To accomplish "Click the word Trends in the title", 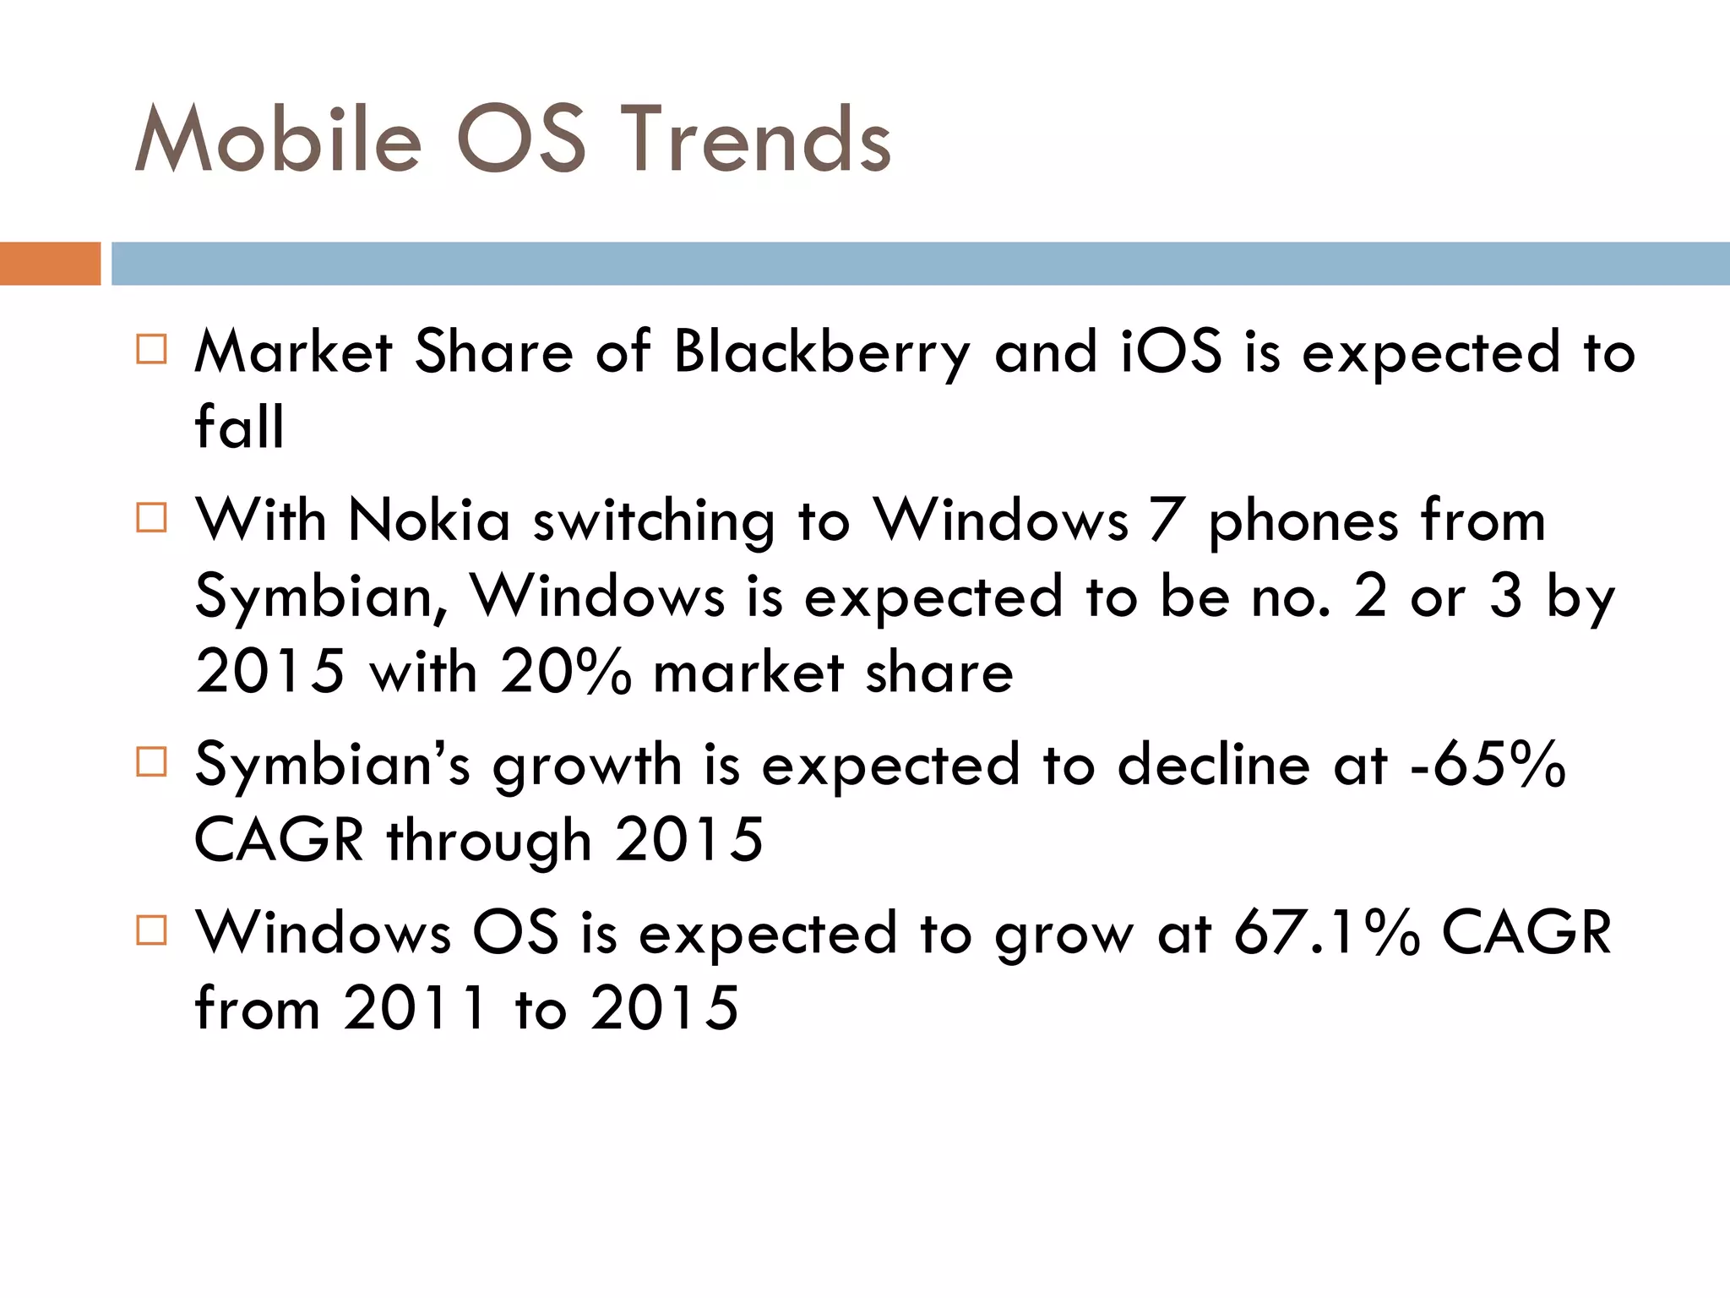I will [x=756, y=139].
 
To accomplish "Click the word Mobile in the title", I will [x=279, y=139].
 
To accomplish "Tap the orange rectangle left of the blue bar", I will [x=50, y=264].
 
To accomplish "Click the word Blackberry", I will [x=822, y=352].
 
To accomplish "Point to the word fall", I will [x=239, y=427].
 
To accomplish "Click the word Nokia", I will [x=429, y=520].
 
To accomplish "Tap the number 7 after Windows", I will [x=1166, y=520].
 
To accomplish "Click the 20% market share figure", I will [x=564, y=673].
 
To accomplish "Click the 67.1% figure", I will [x=1326, y=933].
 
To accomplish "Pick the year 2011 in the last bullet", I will [x=414, y=1008].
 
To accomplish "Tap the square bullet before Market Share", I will [x=151, y=349].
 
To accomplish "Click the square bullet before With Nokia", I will [x=151, y=517].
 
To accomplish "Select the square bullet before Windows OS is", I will [x=151, y=930].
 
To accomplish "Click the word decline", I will [x=1214, y=765].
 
